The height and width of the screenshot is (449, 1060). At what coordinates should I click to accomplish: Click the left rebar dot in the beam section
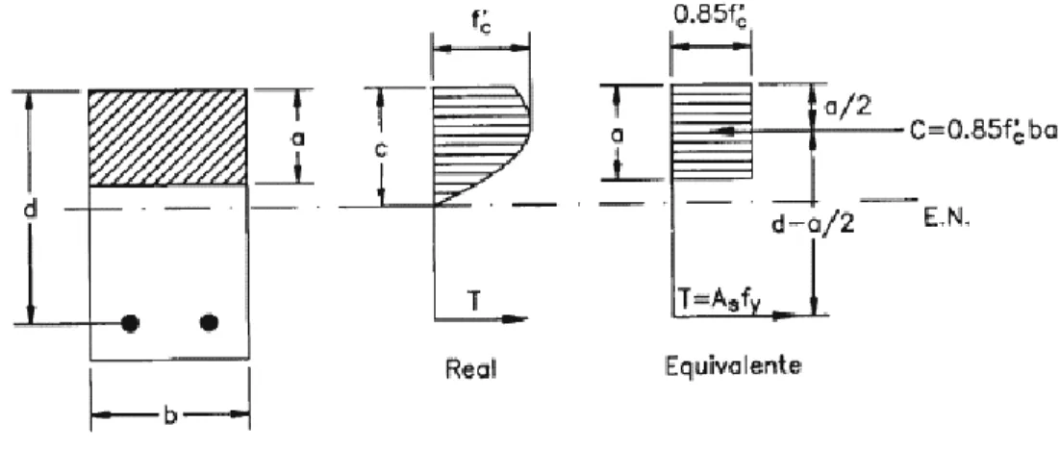(x=131, y=323)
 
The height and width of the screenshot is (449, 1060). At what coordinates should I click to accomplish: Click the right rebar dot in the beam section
(x=210, y=323)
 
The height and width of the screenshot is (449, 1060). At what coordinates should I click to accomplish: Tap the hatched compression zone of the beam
(x=167, y=137)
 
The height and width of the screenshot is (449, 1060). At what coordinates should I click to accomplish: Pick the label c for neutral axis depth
(x=382, y=150)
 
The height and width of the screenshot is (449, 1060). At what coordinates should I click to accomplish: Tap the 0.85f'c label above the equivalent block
(x=711, y=14)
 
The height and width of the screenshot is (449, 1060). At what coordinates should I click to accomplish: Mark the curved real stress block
(x=480, y=145)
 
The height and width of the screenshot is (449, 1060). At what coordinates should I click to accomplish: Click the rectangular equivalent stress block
(x=711, y=131)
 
